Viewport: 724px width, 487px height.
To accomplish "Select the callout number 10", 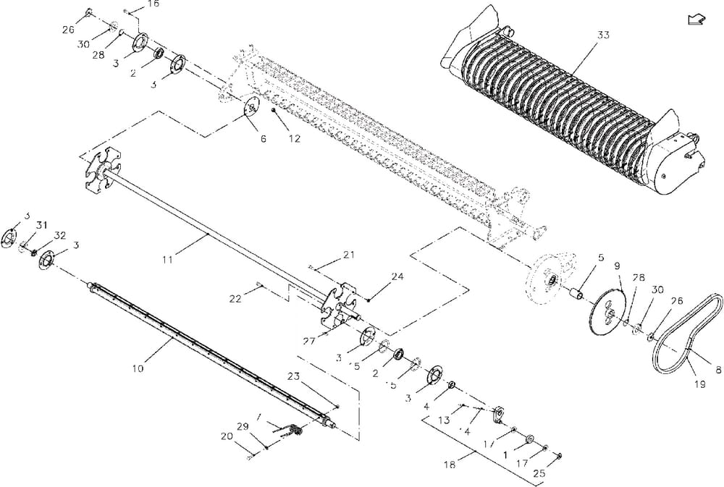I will [138, 368].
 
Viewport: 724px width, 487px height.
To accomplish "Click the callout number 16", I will [153, 4].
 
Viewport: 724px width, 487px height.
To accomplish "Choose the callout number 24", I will [396, 276].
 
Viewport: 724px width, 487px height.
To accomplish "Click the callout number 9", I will [618, 266].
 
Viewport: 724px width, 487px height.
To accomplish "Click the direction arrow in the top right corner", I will [696, 20].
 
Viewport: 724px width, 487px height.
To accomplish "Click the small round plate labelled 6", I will [250, 109].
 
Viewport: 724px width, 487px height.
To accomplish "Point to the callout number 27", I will [309, 339].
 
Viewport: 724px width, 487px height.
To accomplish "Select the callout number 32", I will [59, 235].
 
